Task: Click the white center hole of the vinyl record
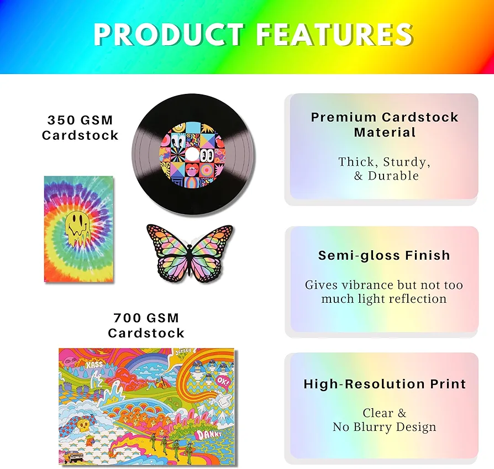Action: [x=192, y=154]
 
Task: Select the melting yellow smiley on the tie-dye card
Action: [x=77, y=228]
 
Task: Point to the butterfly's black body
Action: [x=190, y=252]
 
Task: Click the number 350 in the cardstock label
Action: [x=61, y=120]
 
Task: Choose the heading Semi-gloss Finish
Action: [x=384, y=255]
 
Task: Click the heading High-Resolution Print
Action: [x=385, y=384]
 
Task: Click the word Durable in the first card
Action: [x=393, y=176]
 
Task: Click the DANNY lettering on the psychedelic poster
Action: [x=208, y=435]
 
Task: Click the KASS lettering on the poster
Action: [x=94, y=365]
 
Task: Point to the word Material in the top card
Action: [x=385, y=132]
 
